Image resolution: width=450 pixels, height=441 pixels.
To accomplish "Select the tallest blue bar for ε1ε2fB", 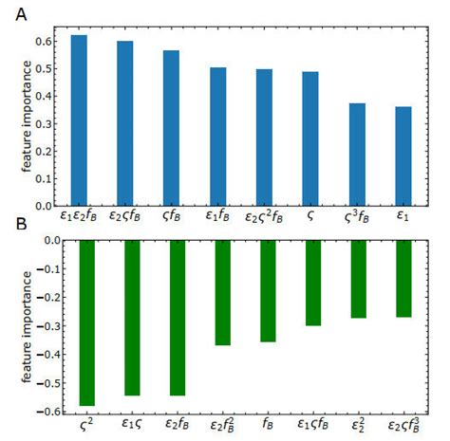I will pyautogui.click(x=79, y=120).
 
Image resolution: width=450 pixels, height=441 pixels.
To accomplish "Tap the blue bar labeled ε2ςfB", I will pyautogui.click(x=125, y=123).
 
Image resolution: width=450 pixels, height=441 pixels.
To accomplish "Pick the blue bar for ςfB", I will pyautogui.click(x=171, y=128).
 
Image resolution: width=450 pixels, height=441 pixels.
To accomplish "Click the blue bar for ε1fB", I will pyautogui.click(x=217, y=137).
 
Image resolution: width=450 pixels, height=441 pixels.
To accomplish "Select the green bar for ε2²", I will pyautogui.click(x=359, y=279).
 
